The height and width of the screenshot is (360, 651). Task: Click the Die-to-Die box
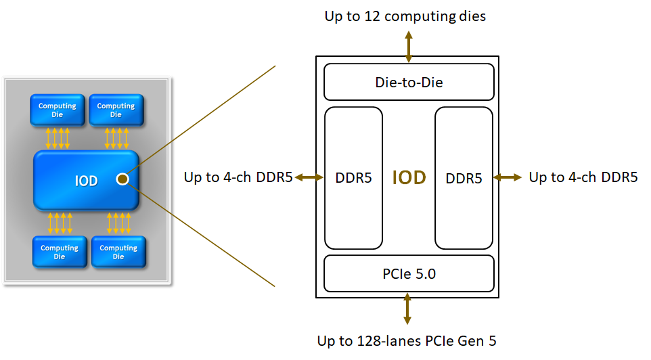(409, 82)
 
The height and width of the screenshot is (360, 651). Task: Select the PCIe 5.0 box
(409, 273)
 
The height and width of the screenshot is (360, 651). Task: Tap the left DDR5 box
(353, 178)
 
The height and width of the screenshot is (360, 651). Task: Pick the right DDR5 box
(464, 178)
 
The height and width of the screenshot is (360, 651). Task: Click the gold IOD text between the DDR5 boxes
(409, 178)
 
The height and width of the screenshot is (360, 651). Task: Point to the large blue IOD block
(86, 180)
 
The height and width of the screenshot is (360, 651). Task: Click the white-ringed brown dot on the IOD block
(122, 179)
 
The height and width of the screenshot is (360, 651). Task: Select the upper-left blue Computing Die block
(58, 110)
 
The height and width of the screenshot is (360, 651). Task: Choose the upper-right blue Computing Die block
(116, 110)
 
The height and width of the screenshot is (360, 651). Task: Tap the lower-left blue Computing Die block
(60, 252)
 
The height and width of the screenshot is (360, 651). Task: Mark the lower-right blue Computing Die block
(118, 252)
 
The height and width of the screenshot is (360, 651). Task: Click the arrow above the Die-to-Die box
(409, 47)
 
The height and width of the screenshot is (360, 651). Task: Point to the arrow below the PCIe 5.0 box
(407, 309)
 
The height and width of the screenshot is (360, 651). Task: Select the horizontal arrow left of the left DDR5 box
(309, 178)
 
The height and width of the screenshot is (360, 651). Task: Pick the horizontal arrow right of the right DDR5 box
(508, 178)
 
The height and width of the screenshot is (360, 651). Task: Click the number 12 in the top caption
(372, 16)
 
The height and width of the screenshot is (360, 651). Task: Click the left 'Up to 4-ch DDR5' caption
(238, 177)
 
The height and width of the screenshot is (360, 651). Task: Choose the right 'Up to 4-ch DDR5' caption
(583, 177)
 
